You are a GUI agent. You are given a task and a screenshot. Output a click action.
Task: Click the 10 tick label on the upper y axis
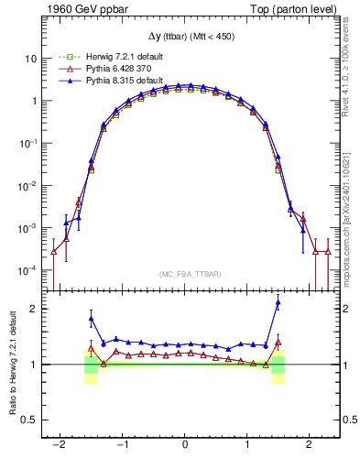tap(31, 58)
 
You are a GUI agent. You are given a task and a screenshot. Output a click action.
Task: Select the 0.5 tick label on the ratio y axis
tap(28, 420)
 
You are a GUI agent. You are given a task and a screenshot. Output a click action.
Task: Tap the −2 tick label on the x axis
tap(60, 444)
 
